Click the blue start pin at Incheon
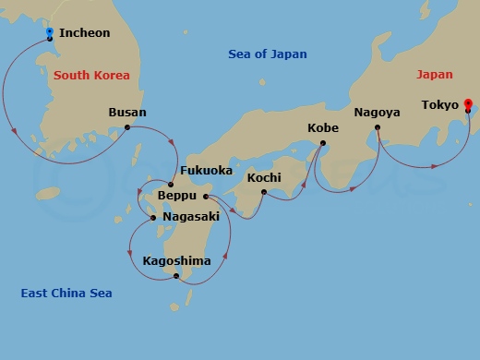49,33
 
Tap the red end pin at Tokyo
468,104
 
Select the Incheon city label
84,33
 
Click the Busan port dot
127,127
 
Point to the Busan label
127,113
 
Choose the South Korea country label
91,74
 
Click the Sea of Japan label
268,54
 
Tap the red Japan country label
435,74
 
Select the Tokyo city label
439,105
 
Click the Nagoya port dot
378,127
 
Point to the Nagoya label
377,113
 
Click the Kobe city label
322,128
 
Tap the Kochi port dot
264,192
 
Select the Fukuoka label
206,171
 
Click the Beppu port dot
205,197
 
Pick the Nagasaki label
190,216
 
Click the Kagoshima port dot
176,275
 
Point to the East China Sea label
66,293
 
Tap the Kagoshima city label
176,260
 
